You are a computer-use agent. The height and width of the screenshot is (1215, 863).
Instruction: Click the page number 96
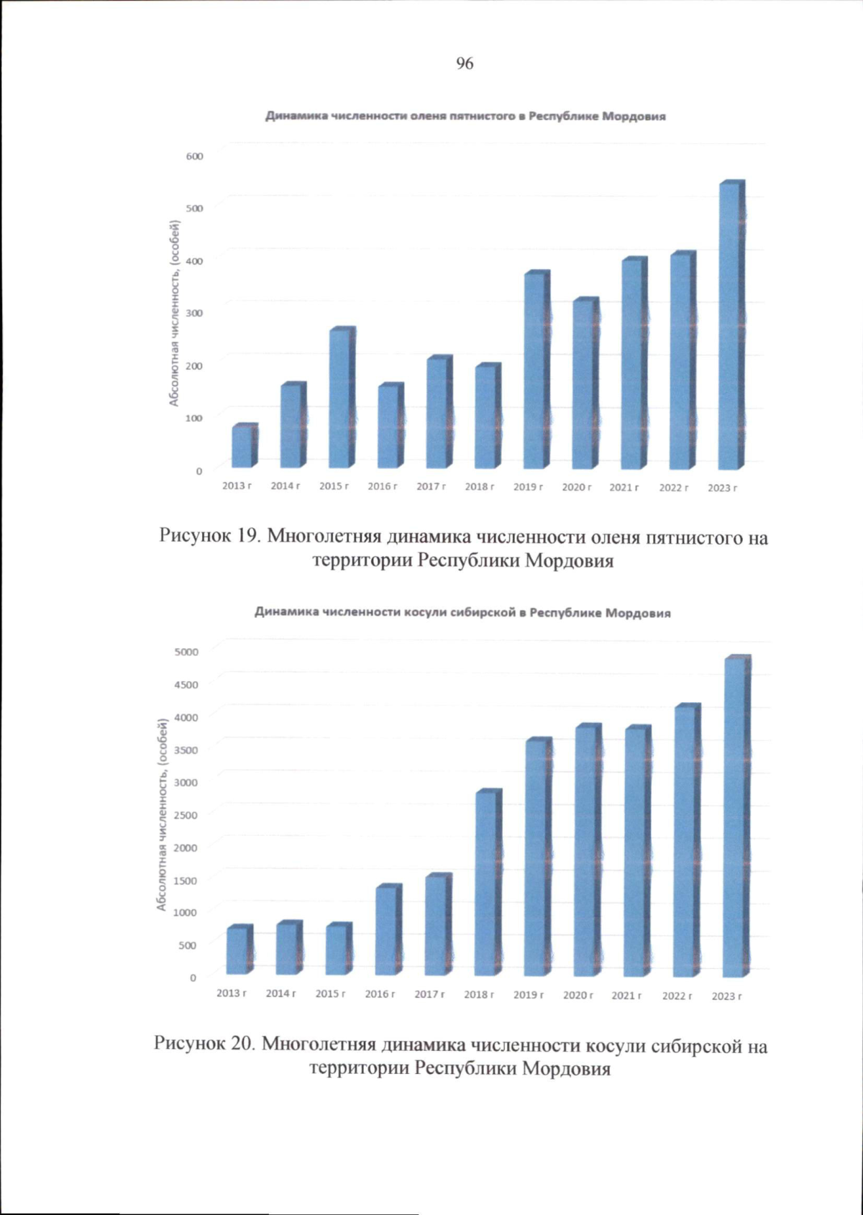pos(465,63)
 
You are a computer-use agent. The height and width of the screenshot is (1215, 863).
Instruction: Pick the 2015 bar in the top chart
pos(341,399)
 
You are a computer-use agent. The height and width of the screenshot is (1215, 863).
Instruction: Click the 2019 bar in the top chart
pos(536,370)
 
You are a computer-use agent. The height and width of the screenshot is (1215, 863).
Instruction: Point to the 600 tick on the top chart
pos(195,156)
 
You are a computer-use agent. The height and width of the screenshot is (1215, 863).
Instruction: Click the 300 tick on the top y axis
pos(195,313)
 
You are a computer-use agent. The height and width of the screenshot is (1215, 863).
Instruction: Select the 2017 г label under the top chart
pos(431,487)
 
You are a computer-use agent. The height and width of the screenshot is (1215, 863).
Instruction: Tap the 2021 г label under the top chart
pos(624,488)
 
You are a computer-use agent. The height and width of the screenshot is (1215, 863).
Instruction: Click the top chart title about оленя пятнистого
pos(465,116)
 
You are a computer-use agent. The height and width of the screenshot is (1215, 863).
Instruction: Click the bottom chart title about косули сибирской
pos(462,613)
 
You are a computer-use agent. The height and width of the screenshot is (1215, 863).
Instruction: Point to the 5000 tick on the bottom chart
pos(186,652)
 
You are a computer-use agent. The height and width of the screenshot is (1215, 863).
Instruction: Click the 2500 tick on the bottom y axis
pos(186,815)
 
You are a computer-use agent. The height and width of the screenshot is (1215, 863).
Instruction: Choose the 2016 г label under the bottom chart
pos(380,994)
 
